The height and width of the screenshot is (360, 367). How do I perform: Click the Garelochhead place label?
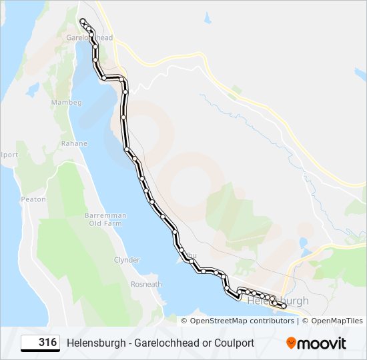pos(89,38)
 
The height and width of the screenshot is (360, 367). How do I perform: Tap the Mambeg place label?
pos(66,103)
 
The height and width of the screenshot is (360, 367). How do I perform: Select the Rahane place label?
pos(74,143)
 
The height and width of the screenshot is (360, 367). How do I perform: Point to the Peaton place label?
pos(33,199)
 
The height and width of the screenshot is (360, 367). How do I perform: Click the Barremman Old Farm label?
pos(103,219)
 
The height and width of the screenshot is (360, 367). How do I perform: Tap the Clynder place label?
pos(127,260)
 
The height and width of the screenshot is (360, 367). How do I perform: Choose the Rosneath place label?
pos(146,284)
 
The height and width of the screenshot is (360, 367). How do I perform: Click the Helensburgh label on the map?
pos(278,301)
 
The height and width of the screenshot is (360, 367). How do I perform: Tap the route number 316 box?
pos(40,343)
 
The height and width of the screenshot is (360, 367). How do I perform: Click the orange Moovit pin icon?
pos(291,343)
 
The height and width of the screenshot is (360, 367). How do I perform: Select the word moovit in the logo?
pos(322,343)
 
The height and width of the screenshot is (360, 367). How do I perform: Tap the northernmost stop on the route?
pos(82,21)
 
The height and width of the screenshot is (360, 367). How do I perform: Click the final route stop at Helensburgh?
pos(284,306)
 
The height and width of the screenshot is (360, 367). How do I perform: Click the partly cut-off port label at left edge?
pos(9,155)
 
